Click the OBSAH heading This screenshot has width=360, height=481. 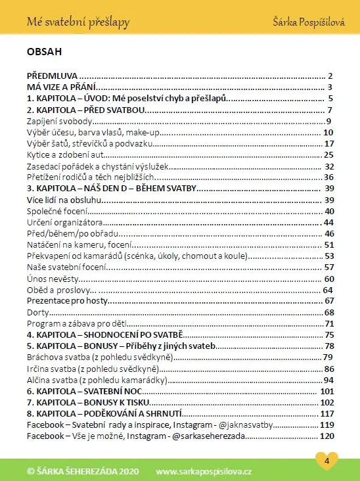point(44,51)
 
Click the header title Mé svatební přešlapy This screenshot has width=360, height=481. point(78,23)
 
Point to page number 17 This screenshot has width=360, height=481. point(330,143)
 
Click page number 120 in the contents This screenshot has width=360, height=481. point(327,436)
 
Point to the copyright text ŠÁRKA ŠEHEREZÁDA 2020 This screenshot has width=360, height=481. point(83,471)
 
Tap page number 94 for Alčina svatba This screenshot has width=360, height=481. point(329,380)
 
